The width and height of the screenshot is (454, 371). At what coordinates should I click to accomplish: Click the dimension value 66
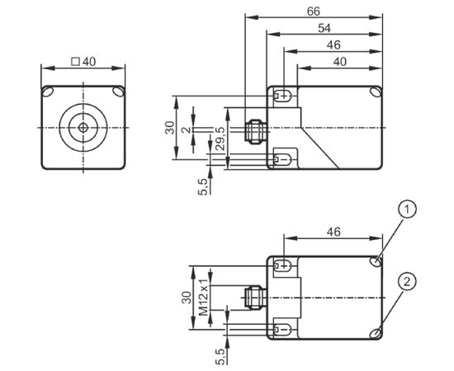point(314,12)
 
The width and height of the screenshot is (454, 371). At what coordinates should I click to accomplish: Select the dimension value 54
point(324,28)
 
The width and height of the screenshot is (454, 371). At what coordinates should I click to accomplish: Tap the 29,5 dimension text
point(221,139)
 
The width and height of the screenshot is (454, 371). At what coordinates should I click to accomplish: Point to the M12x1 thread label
point(204,298)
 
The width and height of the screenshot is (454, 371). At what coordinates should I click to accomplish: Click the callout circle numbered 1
point(407,209)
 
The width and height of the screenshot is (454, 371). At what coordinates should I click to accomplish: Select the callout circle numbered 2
point(407,281)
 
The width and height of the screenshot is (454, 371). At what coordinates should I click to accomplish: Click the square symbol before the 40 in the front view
point(76,62)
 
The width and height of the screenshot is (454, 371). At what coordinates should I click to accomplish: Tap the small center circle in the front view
point(83,128)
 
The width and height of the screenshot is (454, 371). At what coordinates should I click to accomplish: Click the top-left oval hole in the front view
point(48,92)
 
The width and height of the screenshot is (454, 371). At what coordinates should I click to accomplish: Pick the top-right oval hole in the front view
point(118,92)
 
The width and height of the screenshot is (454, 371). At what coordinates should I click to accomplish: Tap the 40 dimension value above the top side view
point(339,62)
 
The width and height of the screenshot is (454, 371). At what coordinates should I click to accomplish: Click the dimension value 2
point(187,129)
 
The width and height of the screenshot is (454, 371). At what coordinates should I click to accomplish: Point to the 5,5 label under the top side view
point(203,187)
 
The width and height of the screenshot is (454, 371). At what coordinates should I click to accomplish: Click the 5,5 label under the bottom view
point(220,356)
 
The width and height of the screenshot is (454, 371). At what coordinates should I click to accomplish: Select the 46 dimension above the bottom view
point(333,232)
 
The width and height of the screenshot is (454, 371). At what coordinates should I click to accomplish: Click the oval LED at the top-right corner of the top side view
point(376,92)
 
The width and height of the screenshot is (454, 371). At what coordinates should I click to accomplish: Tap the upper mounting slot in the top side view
point(282,96)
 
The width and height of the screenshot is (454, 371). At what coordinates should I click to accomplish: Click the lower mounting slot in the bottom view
point(282,329)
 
